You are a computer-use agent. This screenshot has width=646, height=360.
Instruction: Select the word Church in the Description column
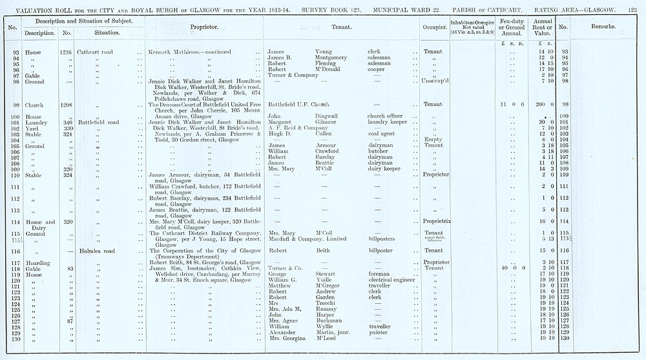[x=34, y=104]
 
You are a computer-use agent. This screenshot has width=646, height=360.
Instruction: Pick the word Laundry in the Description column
[x=36, y=122]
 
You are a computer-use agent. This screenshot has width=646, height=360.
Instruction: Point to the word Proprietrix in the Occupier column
[x=432, y=221]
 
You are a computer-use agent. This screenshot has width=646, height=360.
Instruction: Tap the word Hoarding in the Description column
[x=39, y=262]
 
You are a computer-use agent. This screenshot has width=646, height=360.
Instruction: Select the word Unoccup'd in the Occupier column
[x=432, y=81]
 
